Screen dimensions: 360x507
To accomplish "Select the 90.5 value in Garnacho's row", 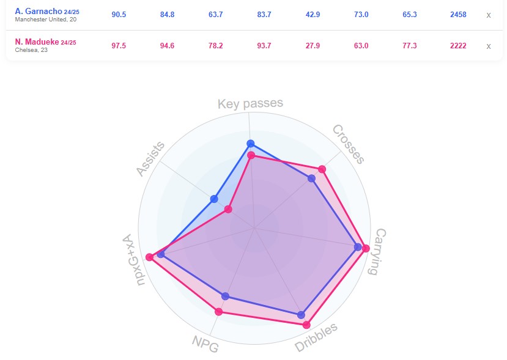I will [x=119, y=15].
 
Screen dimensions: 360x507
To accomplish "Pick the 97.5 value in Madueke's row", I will [x=119, y=45].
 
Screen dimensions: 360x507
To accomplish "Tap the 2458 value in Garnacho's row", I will [x=457, y=15].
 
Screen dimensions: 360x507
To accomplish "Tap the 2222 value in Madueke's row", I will [x=457, y=45].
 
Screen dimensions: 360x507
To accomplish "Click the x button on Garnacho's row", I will [x=488, y=15].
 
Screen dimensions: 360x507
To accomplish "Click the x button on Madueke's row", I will [x=488, y=45].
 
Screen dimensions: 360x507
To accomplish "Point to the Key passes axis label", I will [x=250, y=103].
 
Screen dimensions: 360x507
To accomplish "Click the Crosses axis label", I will [x=349, y=144].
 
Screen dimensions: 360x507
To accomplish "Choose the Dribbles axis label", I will [x=316, y=338].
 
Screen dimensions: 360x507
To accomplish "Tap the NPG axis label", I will [x=205, y=345].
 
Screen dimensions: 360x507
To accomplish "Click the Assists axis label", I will [x=150, y=160].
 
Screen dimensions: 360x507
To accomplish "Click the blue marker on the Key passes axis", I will [x=250, y=144].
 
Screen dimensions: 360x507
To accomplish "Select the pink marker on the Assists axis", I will [x=228, y=210].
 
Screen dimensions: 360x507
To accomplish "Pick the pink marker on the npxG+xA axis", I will [x=149, y=256].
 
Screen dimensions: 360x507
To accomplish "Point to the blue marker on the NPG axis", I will [x=226, y=296].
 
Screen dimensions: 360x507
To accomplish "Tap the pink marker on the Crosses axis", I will [x=322, y=169].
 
